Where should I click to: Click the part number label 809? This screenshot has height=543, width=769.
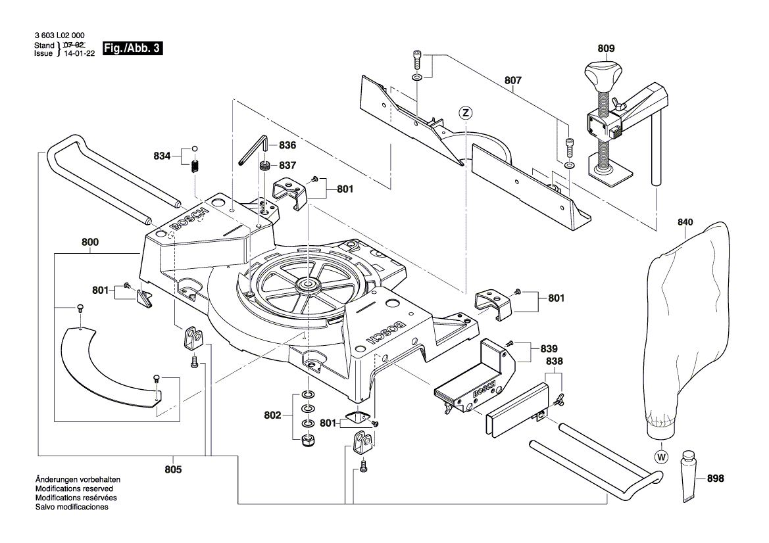coord(606,48)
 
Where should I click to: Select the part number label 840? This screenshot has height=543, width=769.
coord(685,222)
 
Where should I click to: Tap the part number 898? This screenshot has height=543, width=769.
coord(714,479)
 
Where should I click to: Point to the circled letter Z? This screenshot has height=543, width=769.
coord(465,113)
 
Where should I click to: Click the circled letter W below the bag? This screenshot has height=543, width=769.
coord(659,456)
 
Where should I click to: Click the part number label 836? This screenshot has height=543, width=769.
coord(287,145)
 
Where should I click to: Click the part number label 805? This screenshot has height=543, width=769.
coord(174,469)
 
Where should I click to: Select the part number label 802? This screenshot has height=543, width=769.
coord(272,415)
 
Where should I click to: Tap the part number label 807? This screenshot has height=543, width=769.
coord(513,80)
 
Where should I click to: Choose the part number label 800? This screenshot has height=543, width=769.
coord(90,242)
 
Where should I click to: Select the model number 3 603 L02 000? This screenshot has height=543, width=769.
coord(59,35)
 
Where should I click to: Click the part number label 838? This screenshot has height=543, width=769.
coord(554,362)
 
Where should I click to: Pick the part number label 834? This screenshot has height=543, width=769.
coord(162,156)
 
